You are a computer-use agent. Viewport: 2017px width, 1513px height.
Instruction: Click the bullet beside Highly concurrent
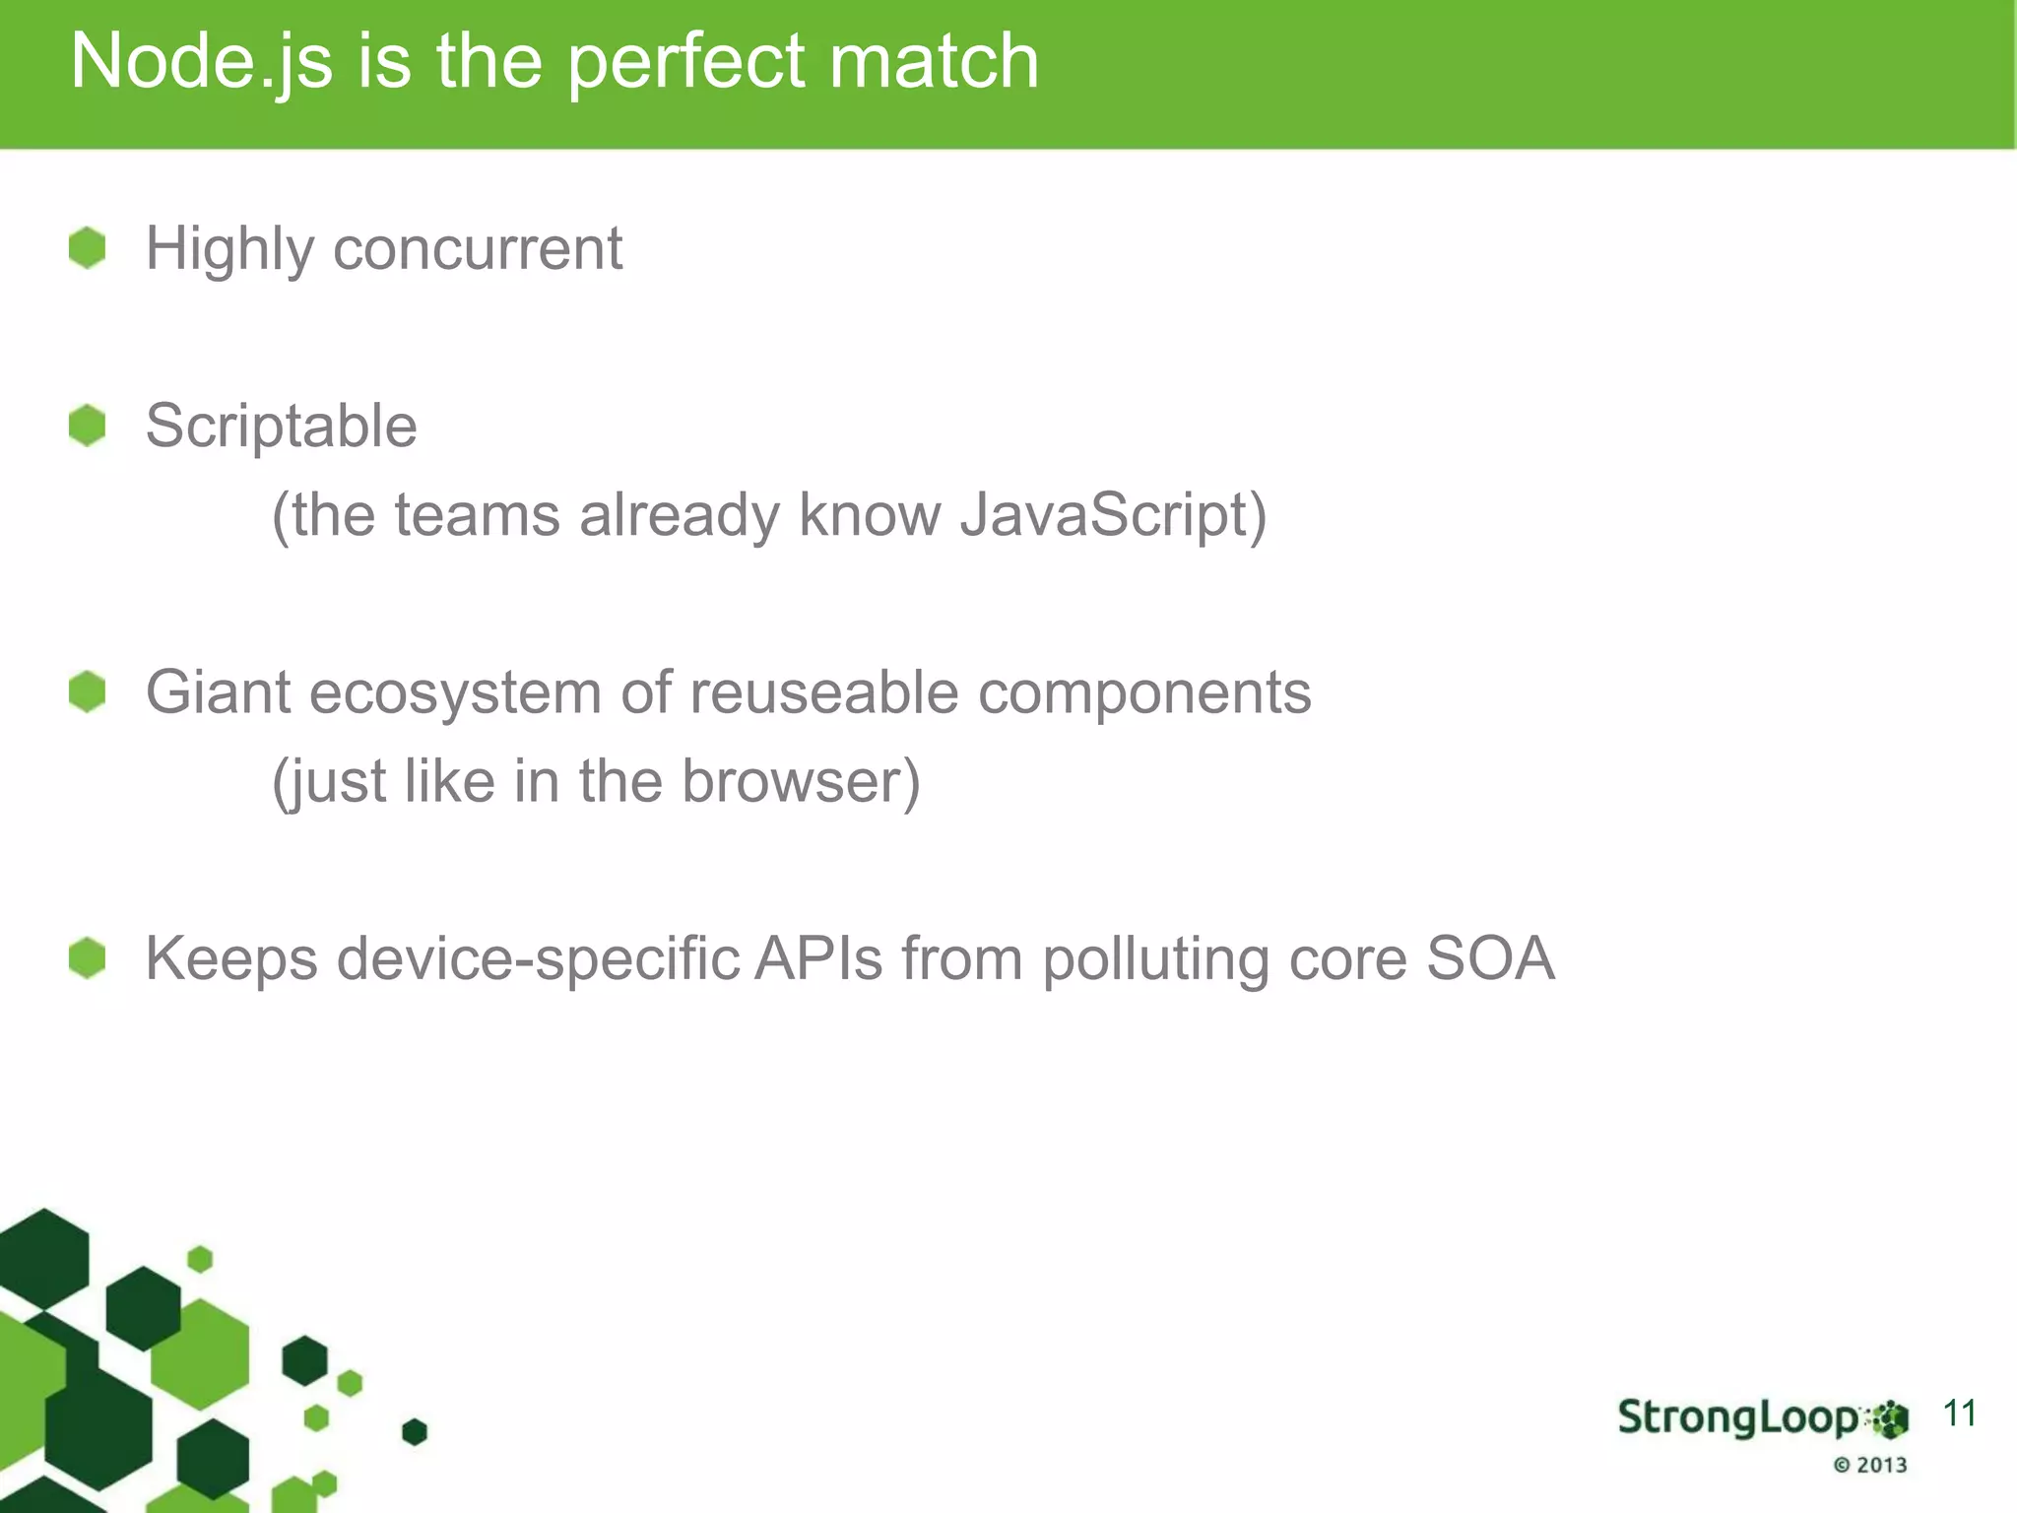pyautogui.click(x=88, y=247)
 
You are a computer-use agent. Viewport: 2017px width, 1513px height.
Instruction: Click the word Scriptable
pyautogui.click(x=282, y=427)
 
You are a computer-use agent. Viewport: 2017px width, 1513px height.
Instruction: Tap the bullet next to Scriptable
pyautogui.click(x=88, y=426)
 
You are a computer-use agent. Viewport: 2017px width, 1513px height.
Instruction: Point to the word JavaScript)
pyautogui.click(x=1113, y=515)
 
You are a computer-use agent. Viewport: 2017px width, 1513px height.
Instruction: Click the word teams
pyautogui.click(x=477, y=515)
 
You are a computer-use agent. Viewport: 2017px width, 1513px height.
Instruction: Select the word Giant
pyautogui.click(x=218, y=691)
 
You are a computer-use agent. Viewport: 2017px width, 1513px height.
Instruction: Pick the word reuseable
pyautogui.click(x=823, y=691)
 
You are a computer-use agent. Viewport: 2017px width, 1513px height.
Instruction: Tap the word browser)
pyautogui.click(x=801, y=781)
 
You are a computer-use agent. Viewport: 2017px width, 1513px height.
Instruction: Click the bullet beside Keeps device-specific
pyautogui.click(x=88, y=958)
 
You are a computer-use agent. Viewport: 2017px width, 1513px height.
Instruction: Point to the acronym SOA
pyautogui.click(x=1490, y=958)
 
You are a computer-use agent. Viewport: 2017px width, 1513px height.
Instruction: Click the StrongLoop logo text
pyautogui.click(x=1738, y=1418)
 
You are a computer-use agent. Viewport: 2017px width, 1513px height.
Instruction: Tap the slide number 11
pyautogui.click(x=1959, y=1414)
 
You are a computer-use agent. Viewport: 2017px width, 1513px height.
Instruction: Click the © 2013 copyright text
pyautogui.click(x=1870, y=1465)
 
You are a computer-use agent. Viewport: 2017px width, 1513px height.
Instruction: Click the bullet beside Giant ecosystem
pyautogui.click(x=88, y=691)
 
